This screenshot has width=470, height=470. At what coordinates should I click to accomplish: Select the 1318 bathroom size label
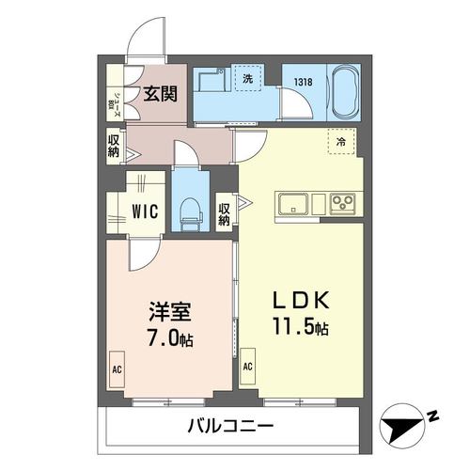pos(303,83)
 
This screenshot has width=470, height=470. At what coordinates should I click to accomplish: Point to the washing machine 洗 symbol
pos(248,81)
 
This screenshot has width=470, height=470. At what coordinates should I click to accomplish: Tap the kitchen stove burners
pos(341,204)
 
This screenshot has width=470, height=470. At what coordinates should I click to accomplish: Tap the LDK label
pos(300,303)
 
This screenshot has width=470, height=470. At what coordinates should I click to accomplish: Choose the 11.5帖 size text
pos(301,329)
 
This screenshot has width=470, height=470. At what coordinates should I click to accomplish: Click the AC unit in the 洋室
pos(118,368)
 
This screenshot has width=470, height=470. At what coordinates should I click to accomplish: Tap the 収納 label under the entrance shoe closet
pos(113,147)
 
